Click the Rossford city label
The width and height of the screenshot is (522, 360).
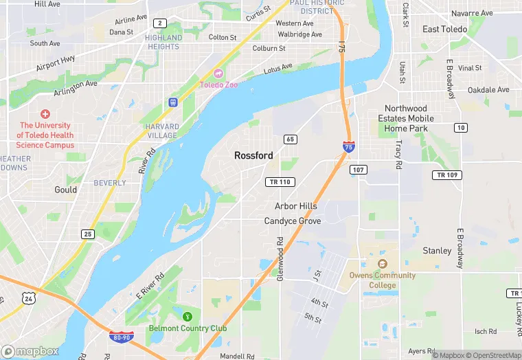tap(253, 156)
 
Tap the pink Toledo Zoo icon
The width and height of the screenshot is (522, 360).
tap(218, 74)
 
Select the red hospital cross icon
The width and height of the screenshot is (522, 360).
tap(45, 114)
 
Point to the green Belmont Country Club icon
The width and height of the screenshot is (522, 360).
tap(188, 316)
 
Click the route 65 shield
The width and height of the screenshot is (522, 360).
tap(291, 139)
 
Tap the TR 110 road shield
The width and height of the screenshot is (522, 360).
tap(280, 182)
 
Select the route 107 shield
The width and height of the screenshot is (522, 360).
tap(358, 170)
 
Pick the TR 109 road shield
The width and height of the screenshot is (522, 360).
tap(446, 175)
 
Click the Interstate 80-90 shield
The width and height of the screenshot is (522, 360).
tap(121, 337)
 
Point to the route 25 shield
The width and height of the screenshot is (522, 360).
tap(87, 234)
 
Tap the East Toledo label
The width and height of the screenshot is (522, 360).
tap(444, 30)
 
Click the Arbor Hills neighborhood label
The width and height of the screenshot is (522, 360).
tap(296, 206)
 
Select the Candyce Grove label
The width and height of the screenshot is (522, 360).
tap(293, 221)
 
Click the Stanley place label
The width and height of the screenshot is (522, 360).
tap(437, 251)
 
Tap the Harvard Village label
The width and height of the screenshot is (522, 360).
tap(162, 131)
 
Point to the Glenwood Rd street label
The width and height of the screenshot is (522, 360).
tap(280, 260)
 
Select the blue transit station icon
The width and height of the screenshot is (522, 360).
tap(172, 102)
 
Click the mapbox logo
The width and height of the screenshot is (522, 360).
tap(30, 351)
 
